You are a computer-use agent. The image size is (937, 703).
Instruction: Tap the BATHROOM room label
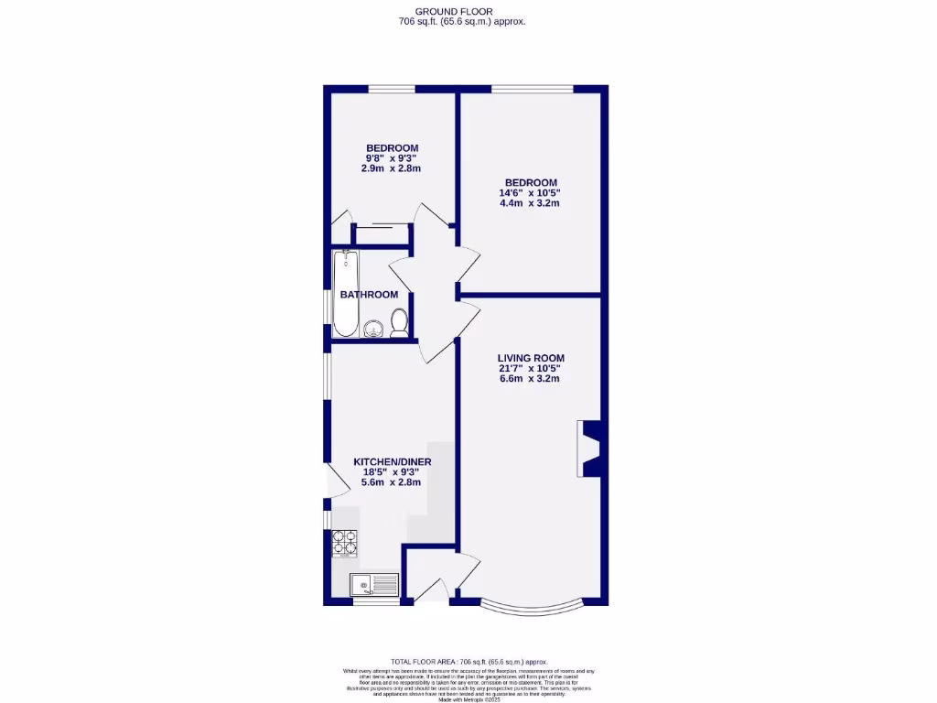pyautogui.click(x=369, y=295)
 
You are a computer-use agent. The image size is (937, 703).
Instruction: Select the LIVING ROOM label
pyautogui.click(x=531, y=358)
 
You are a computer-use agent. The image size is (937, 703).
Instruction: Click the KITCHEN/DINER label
pyautogui.click(x=393, y=462)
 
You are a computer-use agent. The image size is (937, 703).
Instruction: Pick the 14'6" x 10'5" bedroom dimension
pyautogui.click(x=529, y=193)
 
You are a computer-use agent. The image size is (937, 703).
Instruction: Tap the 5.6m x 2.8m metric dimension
pyautogui.click(x=393, y=482)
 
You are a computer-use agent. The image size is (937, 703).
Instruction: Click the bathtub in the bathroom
pyautogui.click(x=346, y=293)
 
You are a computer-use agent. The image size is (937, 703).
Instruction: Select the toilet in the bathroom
pyautogui.click(x=399, y=323)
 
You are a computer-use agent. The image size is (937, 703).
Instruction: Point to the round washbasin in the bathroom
pyautogui.click(x=372, y=330)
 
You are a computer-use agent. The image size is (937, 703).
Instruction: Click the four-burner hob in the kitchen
pyautogui.click(x=344, y=544)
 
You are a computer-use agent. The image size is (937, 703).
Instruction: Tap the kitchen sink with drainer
pyautogui.click(x=374, y=583)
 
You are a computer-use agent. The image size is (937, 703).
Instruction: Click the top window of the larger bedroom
pyautogui.click(x=533, y=89)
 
